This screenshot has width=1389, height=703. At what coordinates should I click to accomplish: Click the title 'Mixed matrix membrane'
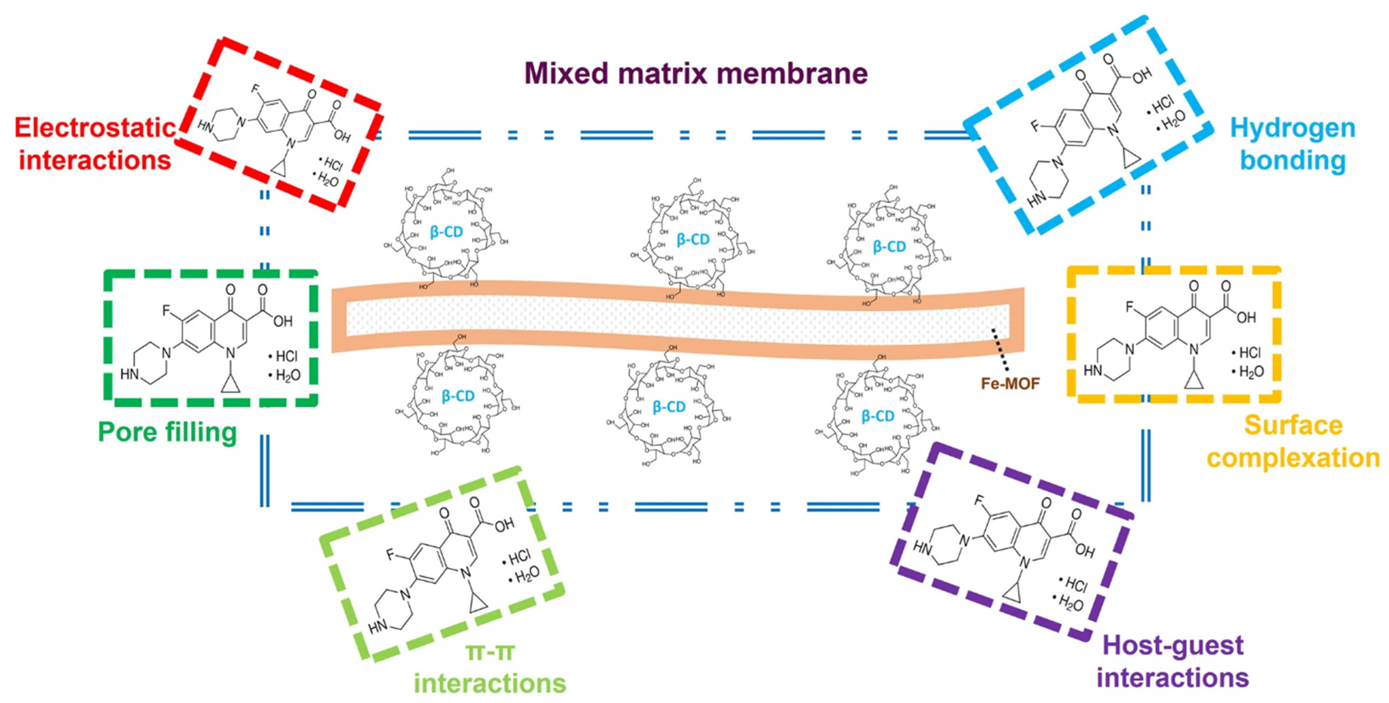(x=696, y=73)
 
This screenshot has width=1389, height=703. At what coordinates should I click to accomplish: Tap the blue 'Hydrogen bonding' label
(x=1293, y=144)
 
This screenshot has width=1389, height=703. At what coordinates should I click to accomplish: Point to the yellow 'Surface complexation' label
(x=1293, y=441)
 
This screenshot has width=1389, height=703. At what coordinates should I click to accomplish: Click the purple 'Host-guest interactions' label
(x=1173, y=661)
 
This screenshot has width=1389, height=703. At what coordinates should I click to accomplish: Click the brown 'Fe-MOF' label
(x=1010, y=383)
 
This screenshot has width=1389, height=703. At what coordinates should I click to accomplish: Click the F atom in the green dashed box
(x=167, y=311)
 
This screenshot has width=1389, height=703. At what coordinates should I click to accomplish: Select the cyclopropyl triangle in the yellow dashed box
(x=1194, y=381)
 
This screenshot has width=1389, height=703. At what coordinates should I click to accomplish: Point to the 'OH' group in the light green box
(x=504, y=525)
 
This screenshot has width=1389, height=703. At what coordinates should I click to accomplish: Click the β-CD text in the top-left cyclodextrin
(x=446, y=232)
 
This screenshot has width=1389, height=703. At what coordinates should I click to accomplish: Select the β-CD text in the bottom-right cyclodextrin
(x=877, y=416)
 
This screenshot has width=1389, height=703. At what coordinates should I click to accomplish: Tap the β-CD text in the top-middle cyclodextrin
(x=693, y=239)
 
